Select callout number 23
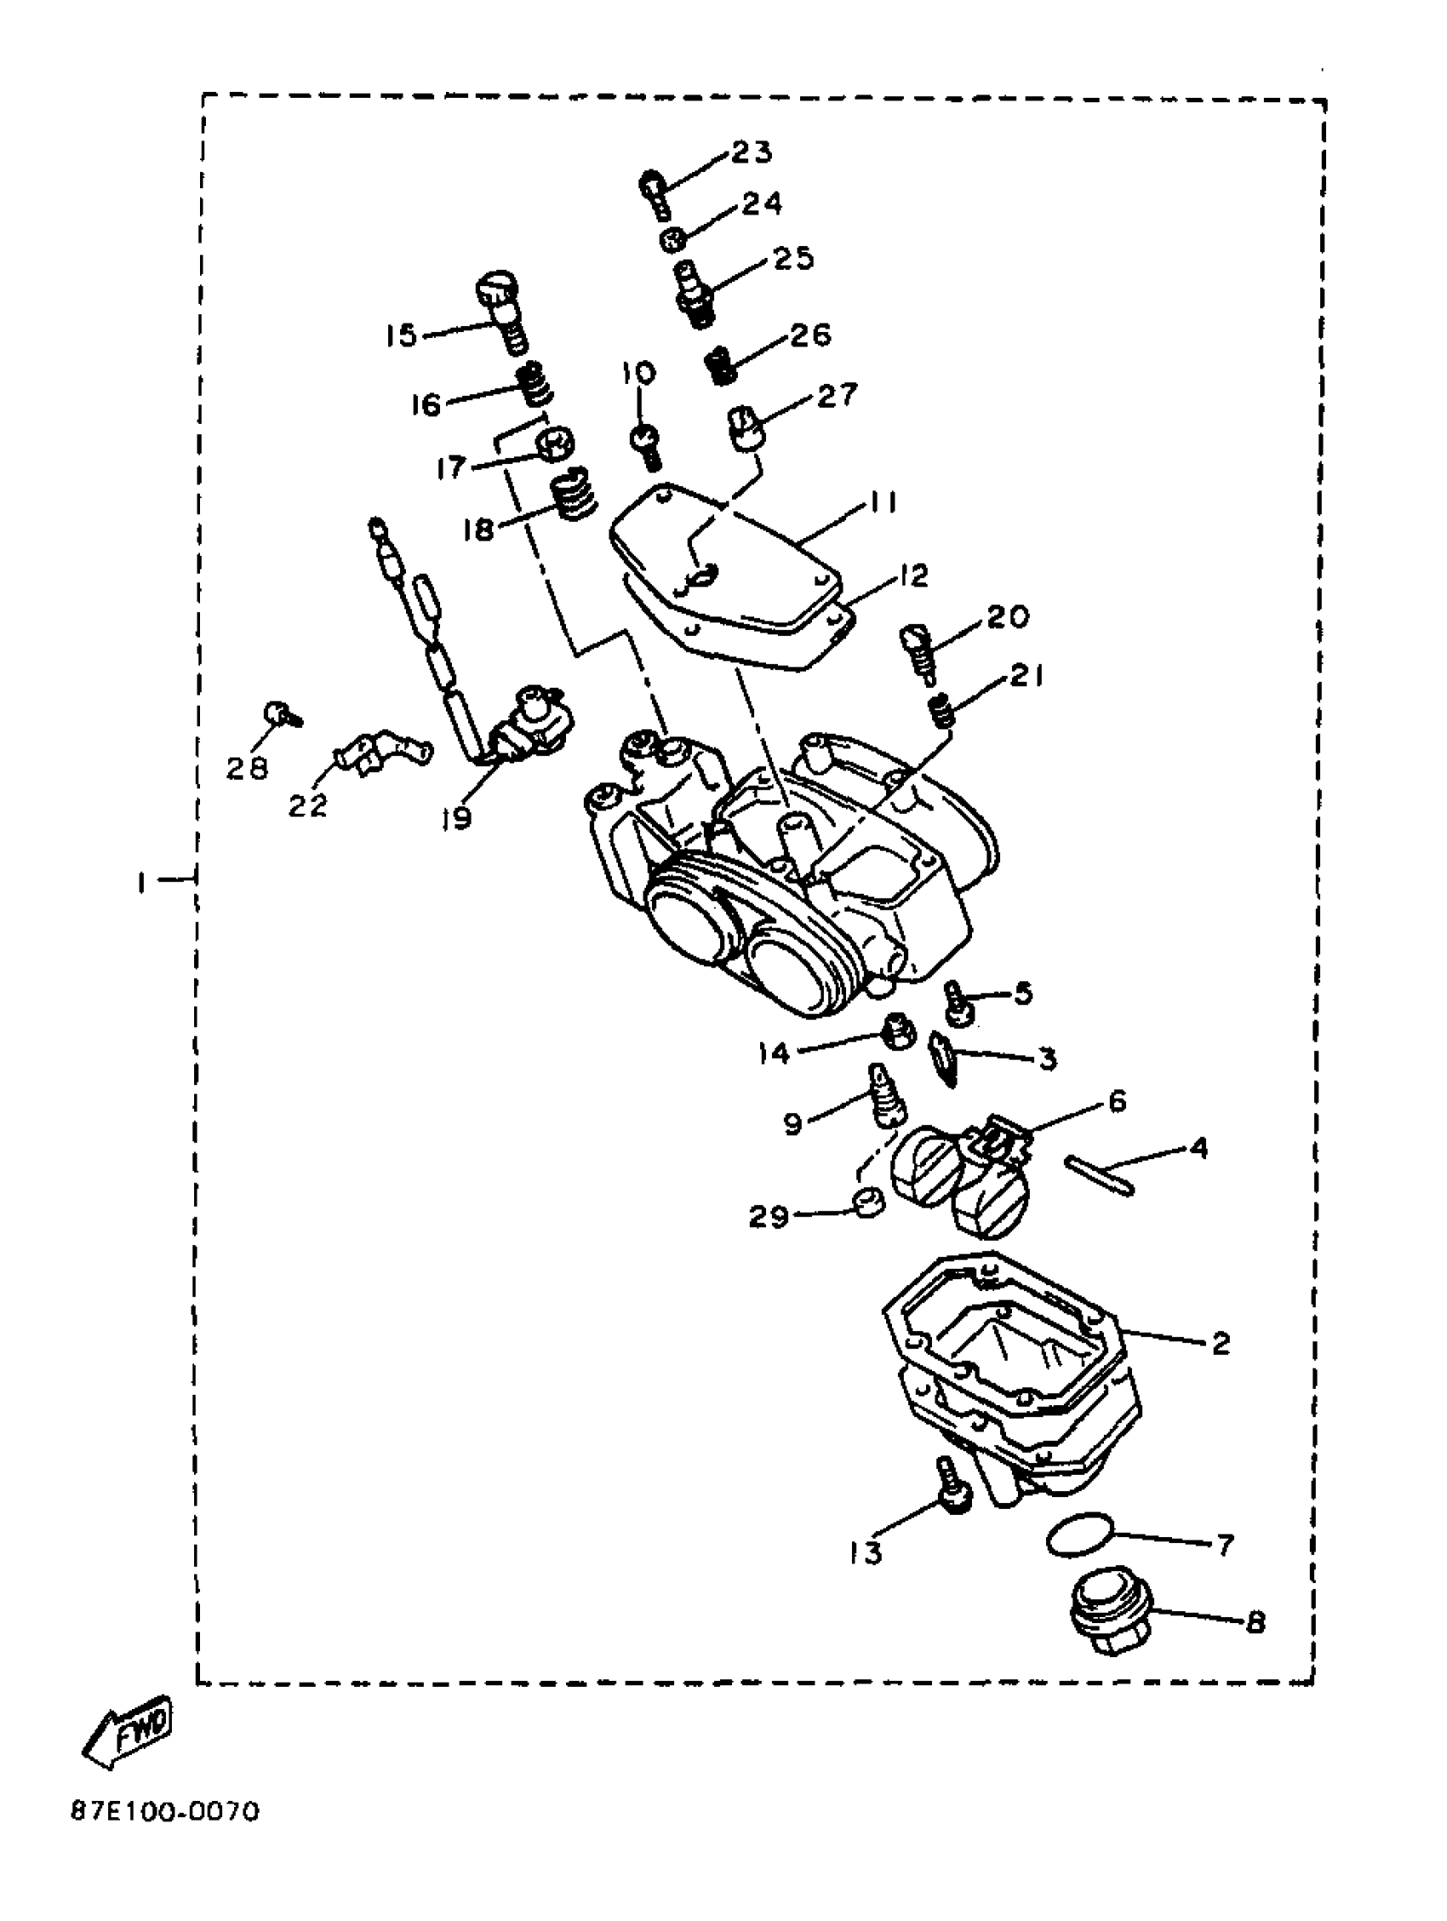click(x=752, y=152)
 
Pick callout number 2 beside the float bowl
click(x=1221, y=1343)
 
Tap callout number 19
click(x=456, y=817)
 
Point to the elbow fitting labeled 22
click(x=382, y=753)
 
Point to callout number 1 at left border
click(x=140, y=883)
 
